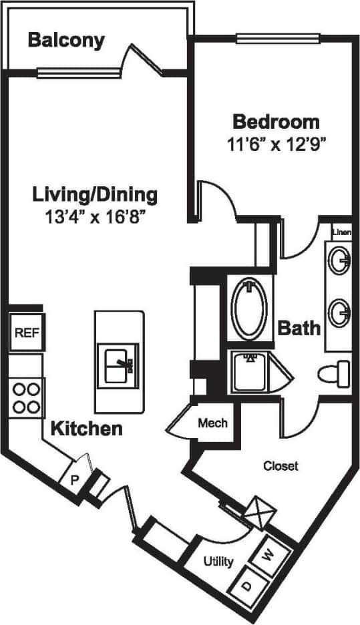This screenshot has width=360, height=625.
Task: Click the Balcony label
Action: coord(66,40)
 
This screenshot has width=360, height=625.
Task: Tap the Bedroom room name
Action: coord(275,122)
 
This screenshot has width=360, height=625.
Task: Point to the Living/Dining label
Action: coord(95,194)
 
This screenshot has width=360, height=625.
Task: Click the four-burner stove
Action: coord(26,397)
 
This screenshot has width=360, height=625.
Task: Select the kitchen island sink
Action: coord(119,365)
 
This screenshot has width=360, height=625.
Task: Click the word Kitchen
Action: coord(87,428)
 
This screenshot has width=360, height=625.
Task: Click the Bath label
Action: coord(299,328)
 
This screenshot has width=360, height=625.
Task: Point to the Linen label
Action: coord(341,232)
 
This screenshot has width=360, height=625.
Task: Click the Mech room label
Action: coord(212,423)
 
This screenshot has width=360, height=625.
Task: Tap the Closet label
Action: coord(280,465)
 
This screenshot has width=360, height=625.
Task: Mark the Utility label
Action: coord(218,561)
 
